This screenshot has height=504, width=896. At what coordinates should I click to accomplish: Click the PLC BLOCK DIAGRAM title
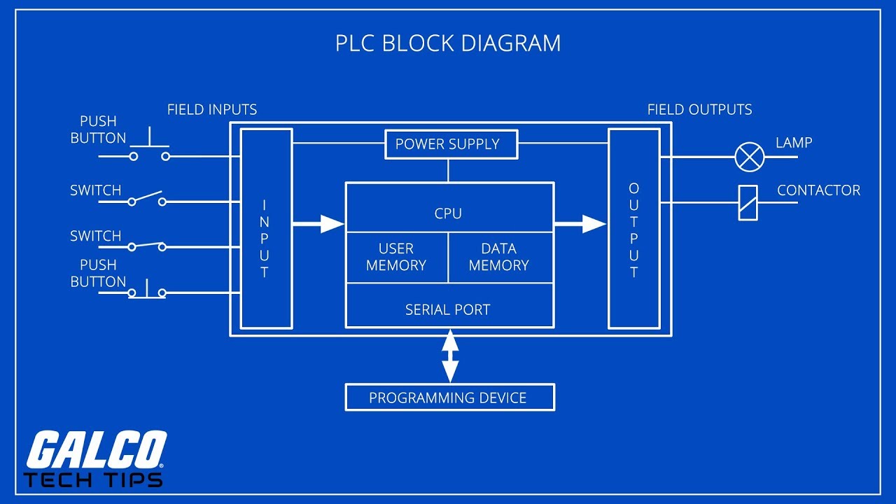448,43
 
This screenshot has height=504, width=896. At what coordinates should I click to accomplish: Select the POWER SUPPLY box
448,144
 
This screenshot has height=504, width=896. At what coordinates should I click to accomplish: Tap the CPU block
448,213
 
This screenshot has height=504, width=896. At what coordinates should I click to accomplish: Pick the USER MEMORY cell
396,257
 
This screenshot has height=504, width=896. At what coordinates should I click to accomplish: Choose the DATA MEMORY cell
499,257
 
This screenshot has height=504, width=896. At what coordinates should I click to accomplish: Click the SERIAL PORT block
448,309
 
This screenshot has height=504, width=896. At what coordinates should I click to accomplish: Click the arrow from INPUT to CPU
318,224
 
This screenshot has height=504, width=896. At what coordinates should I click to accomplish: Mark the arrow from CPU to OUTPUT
580,224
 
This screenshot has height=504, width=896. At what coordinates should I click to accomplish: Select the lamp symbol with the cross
749,157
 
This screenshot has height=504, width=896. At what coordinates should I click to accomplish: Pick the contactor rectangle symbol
748,203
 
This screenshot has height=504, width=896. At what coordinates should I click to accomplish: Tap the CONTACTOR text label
818,190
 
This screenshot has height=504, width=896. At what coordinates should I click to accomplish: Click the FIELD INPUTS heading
212,110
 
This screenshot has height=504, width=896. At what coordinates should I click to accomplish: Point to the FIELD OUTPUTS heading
699,110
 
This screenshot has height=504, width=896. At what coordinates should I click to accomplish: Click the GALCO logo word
95,451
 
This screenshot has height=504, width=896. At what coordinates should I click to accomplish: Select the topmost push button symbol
148,147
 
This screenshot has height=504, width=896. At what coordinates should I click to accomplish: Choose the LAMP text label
794,143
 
